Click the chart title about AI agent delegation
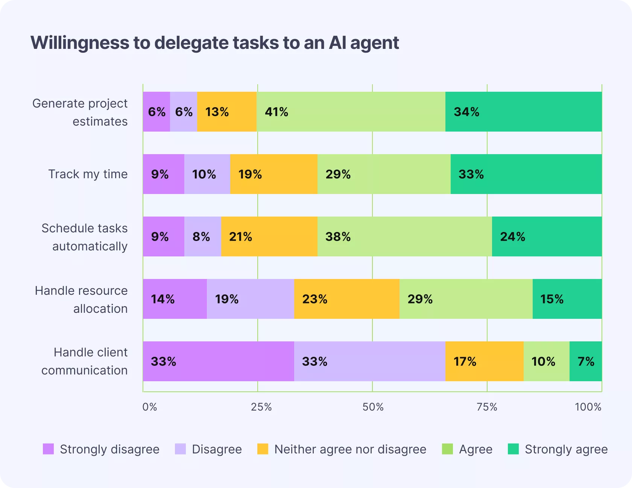click(214, 42)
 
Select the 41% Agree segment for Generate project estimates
click(351, 112)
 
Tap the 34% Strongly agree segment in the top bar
click(523, 112)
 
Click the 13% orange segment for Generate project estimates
click(226, 112)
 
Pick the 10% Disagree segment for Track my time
click(207, 174)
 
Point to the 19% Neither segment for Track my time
click(273, 174)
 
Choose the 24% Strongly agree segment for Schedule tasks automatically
click(547, 236)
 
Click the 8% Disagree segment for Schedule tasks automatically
click(202, 236)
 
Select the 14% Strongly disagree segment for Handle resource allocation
click(175, 299)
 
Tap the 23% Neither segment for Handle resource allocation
click(346, 299)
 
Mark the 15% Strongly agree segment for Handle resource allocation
click(567, 299)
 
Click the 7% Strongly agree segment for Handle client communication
click(585, 361)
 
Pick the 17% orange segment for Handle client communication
click(484, 361)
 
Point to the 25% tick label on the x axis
click(261, 407)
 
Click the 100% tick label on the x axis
click(588, 407)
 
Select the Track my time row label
click(88, 174)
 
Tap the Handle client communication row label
click(85, 361)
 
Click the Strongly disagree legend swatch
click(48, 449)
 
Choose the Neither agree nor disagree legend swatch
click(263, 449)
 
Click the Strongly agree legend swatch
click(513, 449)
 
